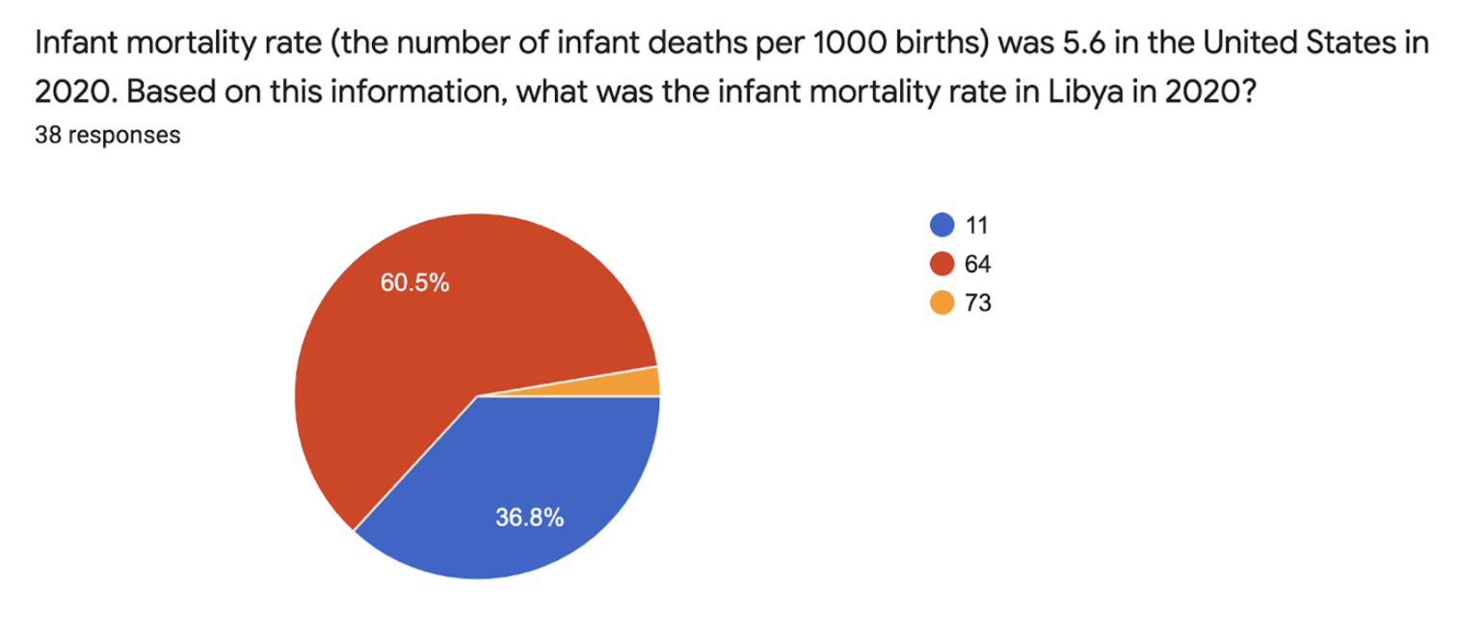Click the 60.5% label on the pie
[x=415, y=282]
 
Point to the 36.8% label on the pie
[x=530, y=518]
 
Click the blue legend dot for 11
[x=942, y=225]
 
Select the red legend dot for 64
[x=942, y=264]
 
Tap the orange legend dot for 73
[x=942, y=303]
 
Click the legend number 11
[x=976, y=226]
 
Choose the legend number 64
[x=978, y=264]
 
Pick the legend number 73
[x=978, y=303]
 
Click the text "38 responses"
[x=108, y=136]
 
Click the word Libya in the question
[x=1086, y=92]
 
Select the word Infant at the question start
[x=75, y=43]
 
